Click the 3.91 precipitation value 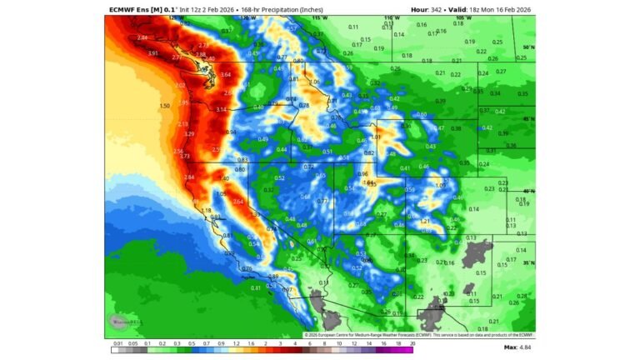coord(152,53)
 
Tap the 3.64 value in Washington coord(226,75)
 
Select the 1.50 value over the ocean coord(164,106)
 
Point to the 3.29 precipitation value coord(189,133)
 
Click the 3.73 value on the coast coord(185,156)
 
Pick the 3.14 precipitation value coord(221,109)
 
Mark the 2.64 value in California coord(238,201)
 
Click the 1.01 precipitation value coord(376,137)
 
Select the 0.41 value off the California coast coord(256,287)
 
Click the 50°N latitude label coord(527,47)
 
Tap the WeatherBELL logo coord(122,322)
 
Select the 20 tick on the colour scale coord(412,342)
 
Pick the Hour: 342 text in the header coord(430,8)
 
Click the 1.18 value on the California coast coord(207,211)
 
